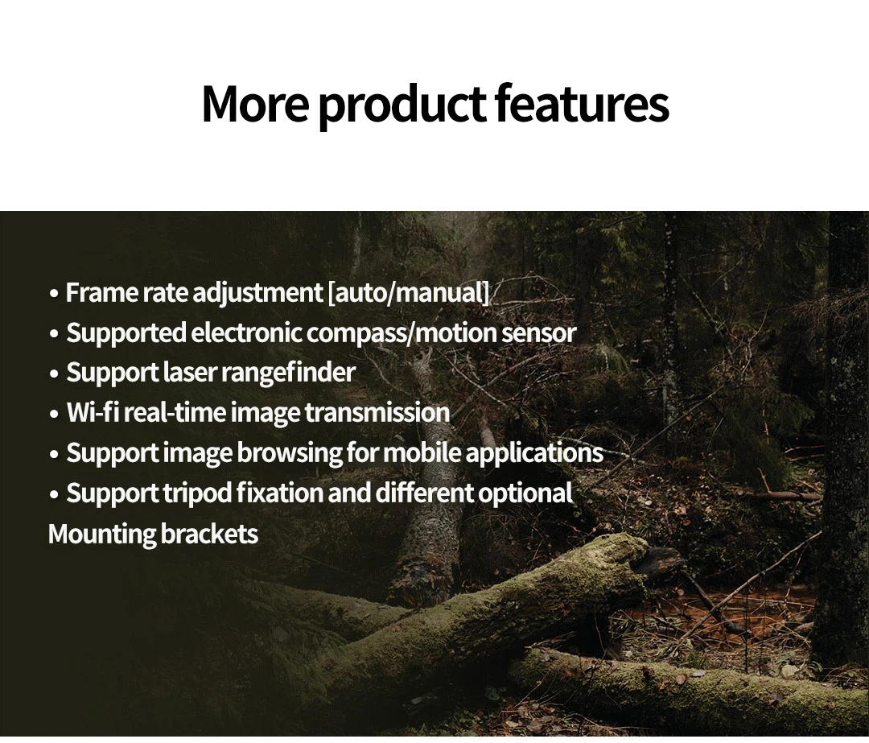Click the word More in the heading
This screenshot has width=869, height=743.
pyautogui.click(x=255, y=104)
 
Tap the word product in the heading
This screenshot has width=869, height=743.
pyautogui.click(x=402, y=108)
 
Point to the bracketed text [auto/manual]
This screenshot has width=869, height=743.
pyautogui.click(x=409, y=293)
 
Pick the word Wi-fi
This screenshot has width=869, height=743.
pyautogui.click(x=93, y=412)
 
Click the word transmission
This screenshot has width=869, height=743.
pyautogui.click(x=377, y=412)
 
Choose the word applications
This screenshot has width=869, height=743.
pyautogui.click(x=533, y=453)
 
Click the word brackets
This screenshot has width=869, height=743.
pyautogui.click(x=209, y=534)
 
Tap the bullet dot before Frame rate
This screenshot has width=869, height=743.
pyautogui.click(x=54, y=294)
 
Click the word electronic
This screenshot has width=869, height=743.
pyautogui.click(x=247, y=332)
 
